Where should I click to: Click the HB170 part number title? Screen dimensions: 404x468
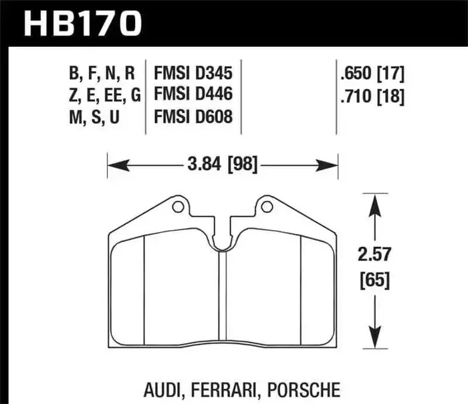pyautogui.click(x=84, y=25)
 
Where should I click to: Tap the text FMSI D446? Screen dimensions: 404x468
pyautogui.click(x=193, y=95)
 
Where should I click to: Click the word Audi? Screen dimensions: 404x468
pyautogui.click(x=166, y=389)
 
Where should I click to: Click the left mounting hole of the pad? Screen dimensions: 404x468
pyautogui.click(x=178, y=207)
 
